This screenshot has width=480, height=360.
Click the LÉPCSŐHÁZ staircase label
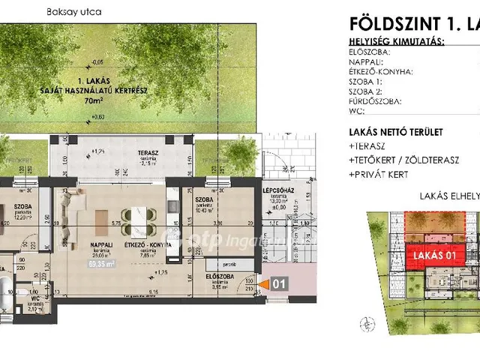(277, 191)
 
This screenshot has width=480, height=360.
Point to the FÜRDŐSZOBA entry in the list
(376, 100)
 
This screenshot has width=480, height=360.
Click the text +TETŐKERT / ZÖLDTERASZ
(403, 160)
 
